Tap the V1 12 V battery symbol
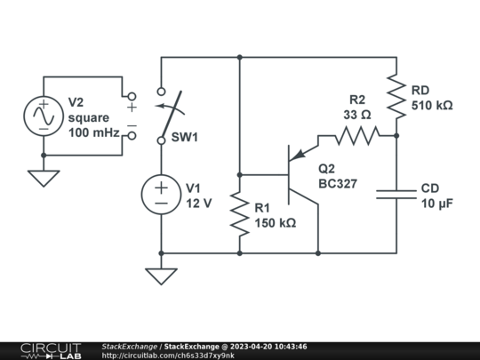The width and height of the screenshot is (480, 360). [x=162, y=195]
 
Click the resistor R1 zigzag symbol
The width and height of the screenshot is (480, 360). [x=240, y=213]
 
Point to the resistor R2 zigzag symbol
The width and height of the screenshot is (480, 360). [x=356, y=135]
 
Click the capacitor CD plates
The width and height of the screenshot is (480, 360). [x=396, y=194]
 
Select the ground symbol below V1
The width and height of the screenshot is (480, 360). [x=162, y=276]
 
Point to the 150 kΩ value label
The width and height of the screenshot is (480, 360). [x=276, y=223]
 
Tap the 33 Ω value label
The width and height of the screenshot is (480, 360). [x=356, y=114]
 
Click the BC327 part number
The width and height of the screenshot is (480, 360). [x=339, y=184]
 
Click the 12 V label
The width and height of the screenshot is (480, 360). [x=198, y=203]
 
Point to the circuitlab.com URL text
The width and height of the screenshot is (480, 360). [x=168, y=355]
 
